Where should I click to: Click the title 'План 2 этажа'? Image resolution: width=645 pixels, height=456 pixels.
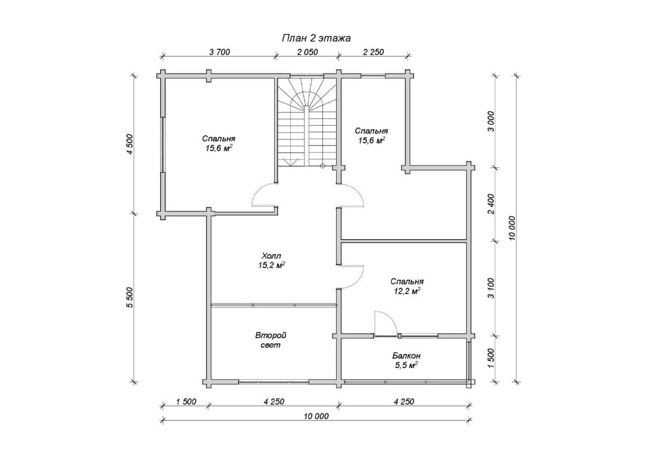click(316, 38)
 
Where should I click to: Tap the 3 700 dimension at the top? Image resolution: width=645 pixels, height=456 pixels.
click(220, 52)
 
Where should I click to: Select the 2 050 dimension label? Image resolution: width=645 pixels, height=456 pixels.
click(307, 52)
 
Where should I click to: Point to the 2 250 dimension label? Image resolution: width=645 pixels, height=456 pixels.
click(374, 52)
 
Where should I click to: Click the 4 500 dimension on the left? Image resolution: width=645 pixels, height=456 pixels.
click(130, 144)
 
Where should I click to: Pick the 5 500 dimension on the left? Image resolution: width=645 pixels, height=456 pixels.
click(130, 297)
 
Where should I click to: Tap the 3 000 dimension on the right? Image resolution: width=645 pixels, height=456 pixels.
click(491, 122)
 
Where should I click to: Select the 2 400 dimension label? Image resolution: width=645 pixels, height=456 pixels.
click(491, 204)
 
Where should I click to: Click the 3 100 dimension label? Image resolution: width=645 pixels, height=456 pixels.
click(491, 288)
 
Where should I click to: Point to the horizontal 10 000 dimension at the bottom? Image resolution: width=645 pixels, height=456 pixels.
click(316, 417)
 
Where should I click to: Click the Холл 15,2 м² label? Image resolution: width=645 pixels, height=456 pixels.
click(271, 261)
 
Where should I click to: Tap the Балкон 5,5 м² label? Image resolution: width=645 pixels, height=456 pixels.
click(406, 360)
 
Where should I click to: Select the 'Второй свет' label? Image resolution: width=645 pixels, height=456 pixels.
click(271, 340)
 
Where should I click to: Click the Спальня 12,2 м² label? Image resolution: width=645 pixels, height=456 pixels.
click(407, 286)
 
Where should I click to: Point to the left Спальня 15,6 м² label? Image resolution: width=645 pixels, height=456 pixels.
click(219, 143)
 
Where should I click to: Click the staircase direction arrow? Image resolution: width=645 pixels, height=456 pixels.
click(290, 162)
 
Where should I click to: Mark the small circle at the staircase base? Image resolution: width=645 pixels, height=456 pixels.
click(322, 166)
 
